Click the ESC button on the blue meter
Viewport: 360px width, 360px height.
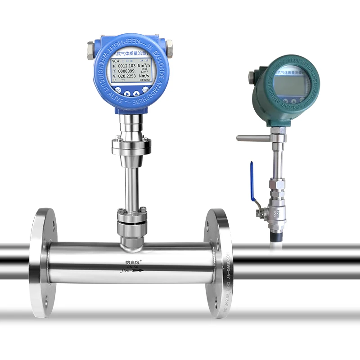118,90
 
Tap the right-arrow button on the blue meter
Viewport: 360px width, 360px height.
127,94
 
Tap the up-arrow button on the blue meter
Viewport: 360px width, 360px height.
137,94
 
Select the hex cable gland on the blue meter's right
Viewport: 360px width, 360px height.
169,46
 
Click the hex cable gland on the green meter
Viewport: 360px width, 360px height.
251,77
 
